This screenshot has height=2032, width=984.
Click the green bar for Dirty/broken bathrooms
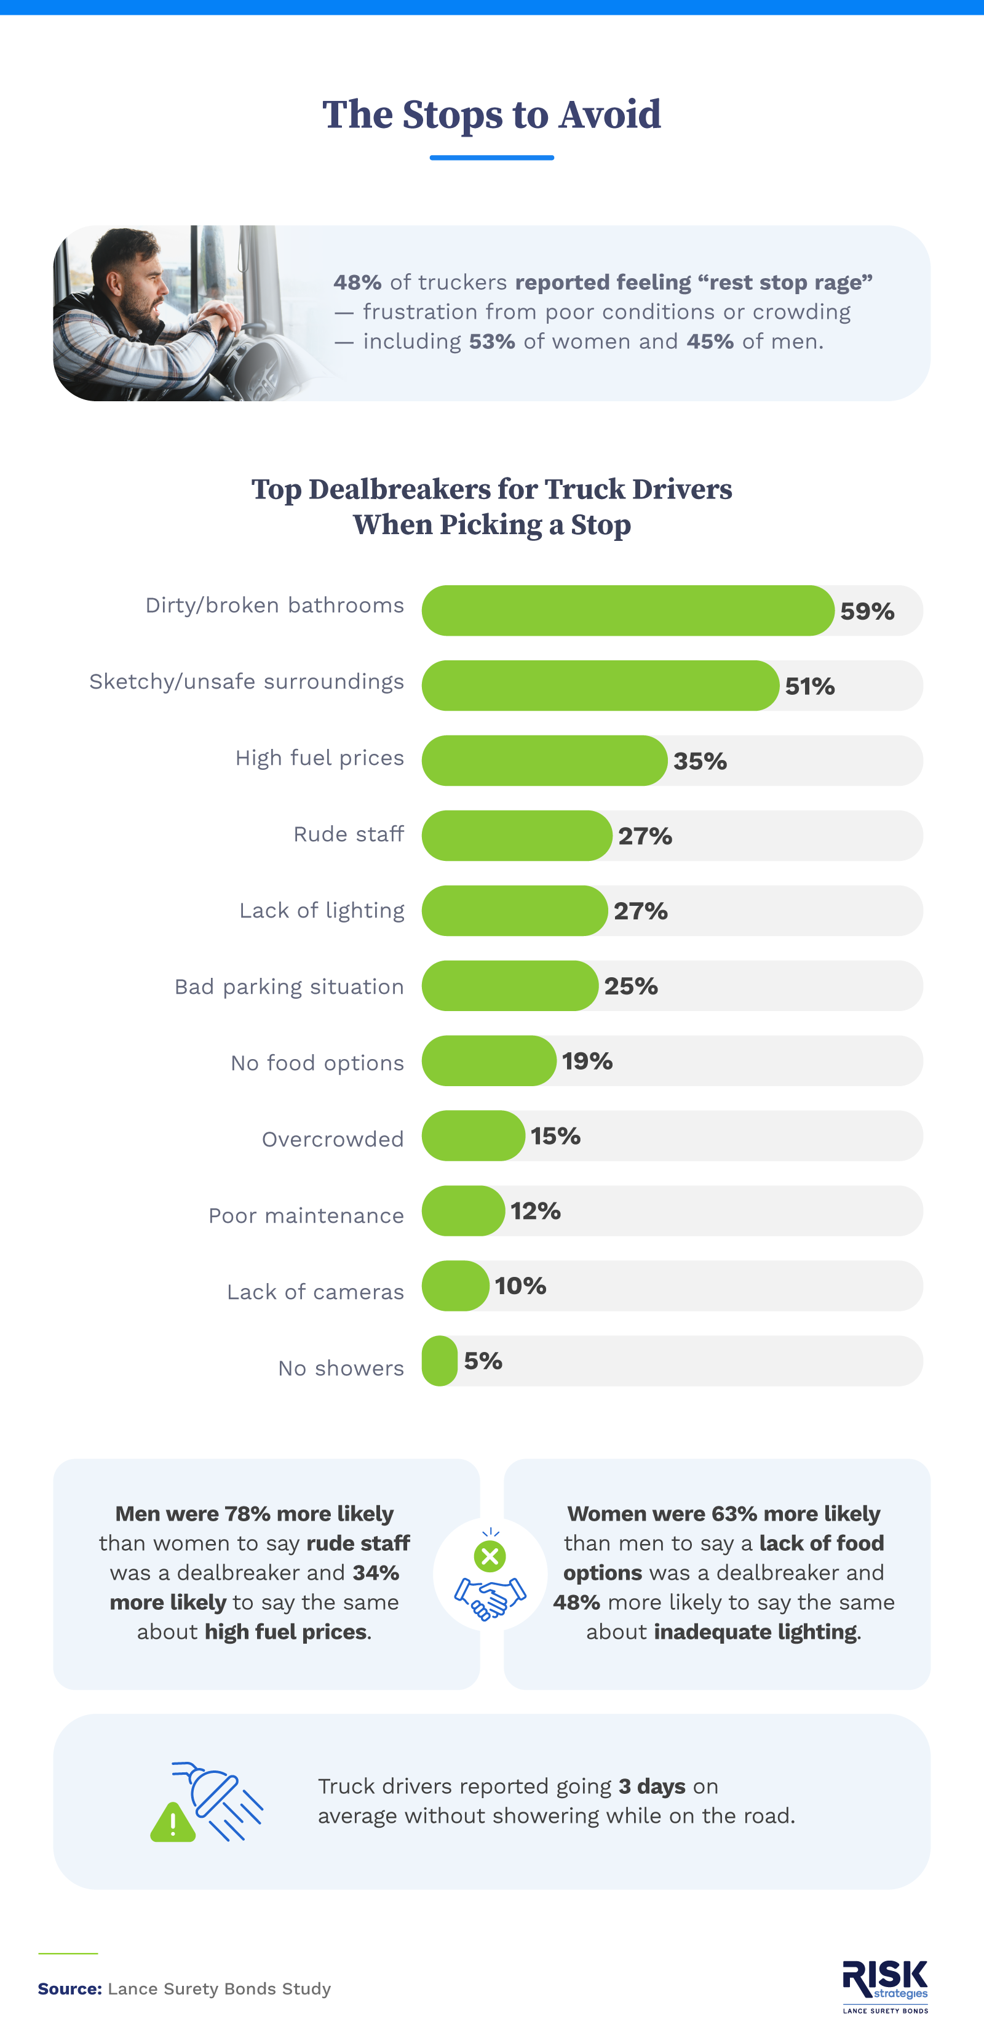[627, 610]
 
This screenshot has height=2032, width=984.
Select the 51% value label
[810, 686]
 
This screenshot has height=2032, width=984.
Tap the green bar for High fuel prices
[544, 761]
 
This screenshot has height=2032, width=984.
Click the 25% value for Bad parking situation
[631, 986]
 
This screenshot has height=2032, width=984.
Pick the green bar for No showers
[440, 1361]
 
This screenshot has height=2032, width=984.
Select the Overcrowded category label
[332, 1139]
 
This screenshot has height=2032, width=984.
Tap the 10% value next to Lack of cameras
[520, 1286]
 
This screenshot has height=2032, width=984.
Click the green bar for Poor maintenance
[463, 1211]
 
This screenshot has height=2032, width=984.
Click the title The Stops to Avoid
[491, 115]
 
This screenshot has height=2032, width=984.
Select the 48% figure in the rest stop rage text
[357, 282]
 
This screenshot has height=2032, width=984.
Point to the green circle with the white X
[490, 1556]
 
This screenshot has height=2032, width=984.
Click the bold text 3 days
[651, 1786]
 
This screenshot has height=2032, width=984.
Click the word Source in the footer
[69, 1988]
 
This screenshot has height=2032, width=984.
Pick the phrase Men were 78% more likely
[254, 1514]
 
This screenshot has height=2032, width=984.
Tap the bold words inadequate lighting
[755, 1632]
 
